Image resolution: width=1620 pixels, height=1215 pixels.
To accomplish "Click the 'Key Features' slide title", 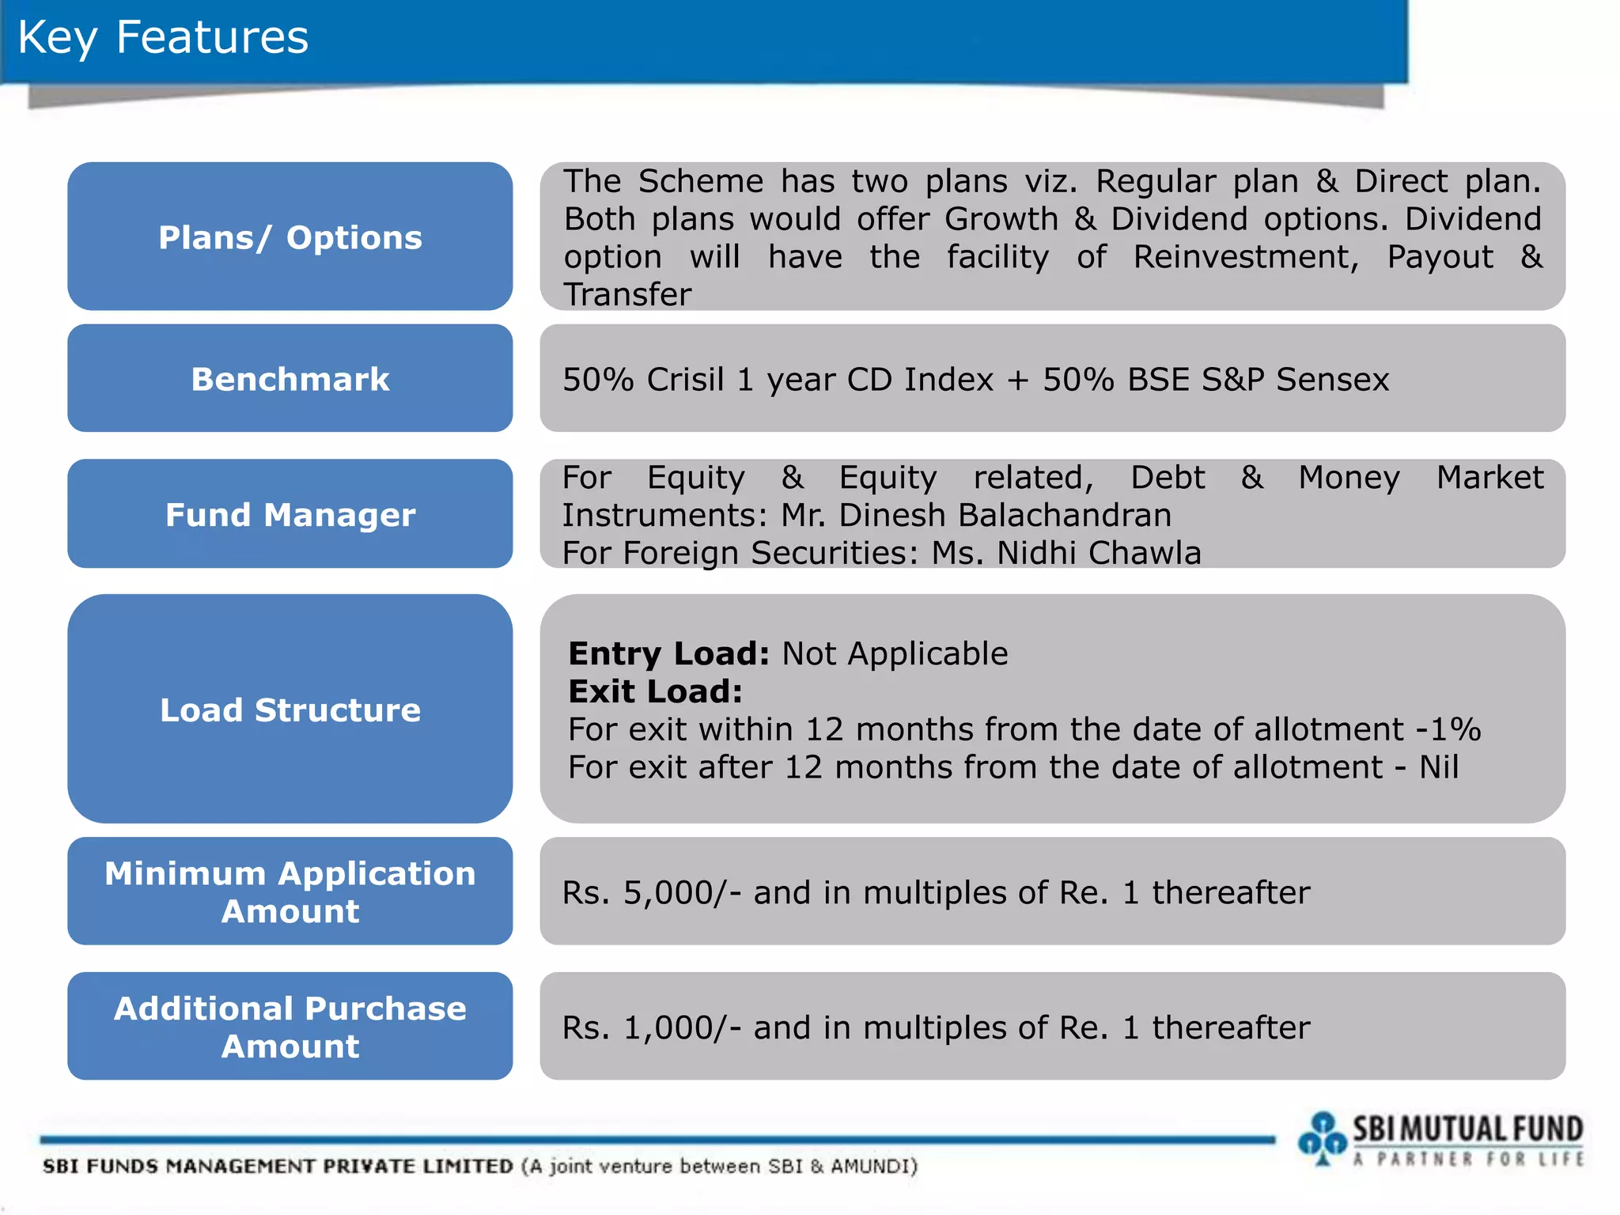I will [x=163, y=38].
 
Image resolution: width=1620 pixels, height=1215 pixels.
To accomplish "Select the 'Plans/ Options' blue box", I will [x=290, y=237].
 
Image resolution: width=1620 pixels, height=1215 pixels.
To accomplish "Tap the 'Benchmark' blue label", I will [x=290, y=379].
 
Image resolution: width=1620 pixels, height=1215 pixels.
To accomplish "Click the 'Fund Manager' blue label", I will [x=290, y=514].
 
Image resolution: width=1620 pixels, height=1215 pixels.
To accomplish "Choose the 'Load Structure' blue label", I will [x=290, y=710].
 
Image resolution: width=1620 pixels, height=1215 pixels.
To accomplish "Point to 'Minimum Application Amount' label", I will [x=290, y=891].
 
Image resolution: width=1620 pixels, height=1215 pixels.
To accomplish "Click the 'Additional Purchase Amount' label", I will [x=290, y=1027].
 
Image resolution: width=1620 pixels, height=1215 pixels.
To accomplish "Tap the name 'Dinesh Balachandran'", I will [x=1005, y=516].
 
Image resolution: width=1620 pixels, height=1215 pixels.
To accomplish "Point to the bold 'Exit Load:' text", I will [x=655, y=692].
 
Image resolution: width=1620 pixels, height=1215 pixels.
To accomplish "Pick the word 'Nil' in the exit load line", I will [x=1438, y=767].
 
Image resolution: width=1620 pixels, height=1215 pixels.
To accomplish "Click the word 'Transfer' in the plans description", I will [x=627, y=295].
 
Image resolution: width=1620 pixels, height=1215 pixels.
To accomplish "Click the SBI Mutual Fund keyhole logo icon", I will [x=1322, y=1138].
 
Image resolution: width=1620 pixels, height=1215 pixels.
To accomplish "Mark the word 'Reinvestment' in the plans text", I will [x=1245, y=257].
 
